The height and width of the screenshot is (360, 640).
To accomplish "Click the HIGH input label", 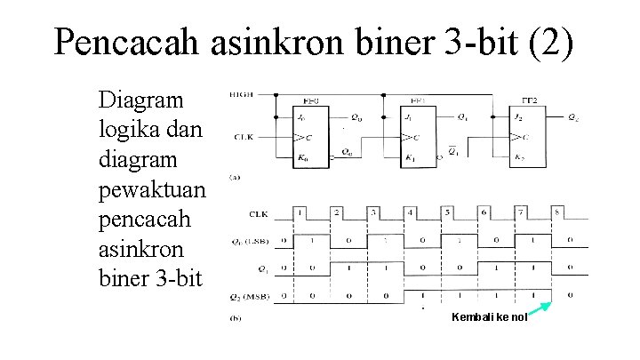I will [x=240, y=93].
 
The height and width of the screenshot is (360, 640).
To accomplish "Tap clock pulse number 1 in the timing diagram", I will [x=300, y=213].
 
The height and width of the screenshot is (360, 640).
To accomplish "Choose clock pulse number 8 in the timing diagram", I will [x=557, y=213].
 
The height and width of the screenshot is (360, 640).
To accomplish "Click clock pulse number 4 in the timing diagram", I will [x=411, y=213].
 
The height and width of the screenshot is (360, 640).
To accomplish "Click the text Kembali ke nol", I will [x=489, y=317].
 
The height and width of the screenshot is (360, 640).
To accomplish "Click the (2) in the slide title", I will [x=552, y=41].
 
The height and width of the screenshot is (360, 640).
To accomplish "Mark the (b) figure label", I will [x=236, y=317].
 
